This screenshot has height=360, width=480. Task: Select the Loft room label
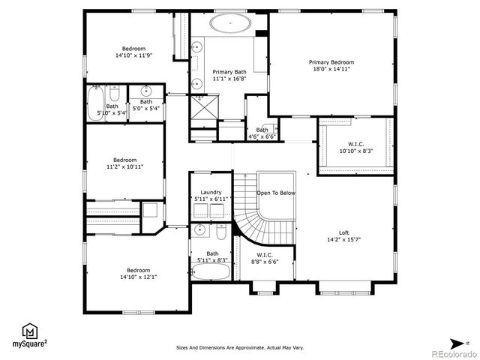tap(344, 232)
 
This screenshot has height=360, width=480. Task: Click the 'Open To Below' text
tap(276, 193)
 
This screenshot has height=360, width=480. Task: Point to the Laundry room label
tap(211, 192)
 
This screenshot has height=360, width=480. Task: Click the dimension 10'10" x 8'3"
tap(355, 151)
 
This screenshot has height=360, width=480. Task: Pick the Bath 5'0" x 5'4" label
tap(145, 104)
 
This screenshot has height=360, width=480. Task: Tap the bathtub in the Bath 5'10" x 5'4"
tap(96, 104)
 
